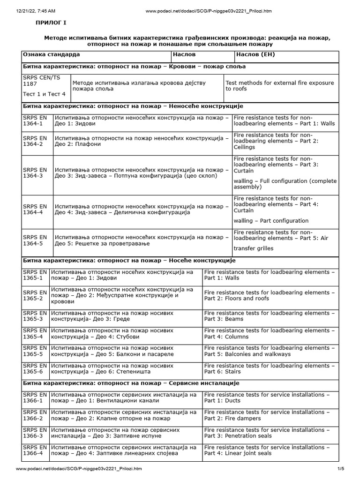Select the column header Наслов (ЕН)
[x=255, y=55]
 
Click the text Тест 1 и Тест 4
[x=44, y=94]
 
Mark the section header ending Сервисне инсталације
[x=131, y=383]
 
